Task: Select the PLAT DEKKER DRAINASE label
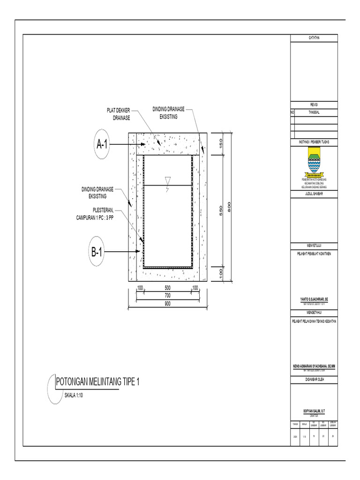click(x=119, y=114)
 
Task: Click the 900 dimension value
click(x=167, y=304)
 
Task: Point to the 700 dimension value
click(x=167, y=296)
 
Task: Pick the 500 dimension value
click(x=167, y=287)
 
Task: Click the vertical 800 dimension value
click(x=229, y=207)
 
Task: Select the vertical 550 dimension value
click(x=221, y=211)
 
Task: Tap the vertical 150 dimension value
click(x=221, y=143)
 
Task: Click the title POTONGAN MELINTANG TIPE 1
click(x=97, y=382)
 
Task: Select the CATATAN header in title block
click(x=314, y=37)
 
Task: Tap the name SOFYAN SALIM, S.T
click(x=314, y=411)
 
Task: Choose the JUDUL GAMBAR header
click(x=314, y=193)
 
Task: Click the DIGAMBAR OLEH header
click(x=314, y=379)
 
